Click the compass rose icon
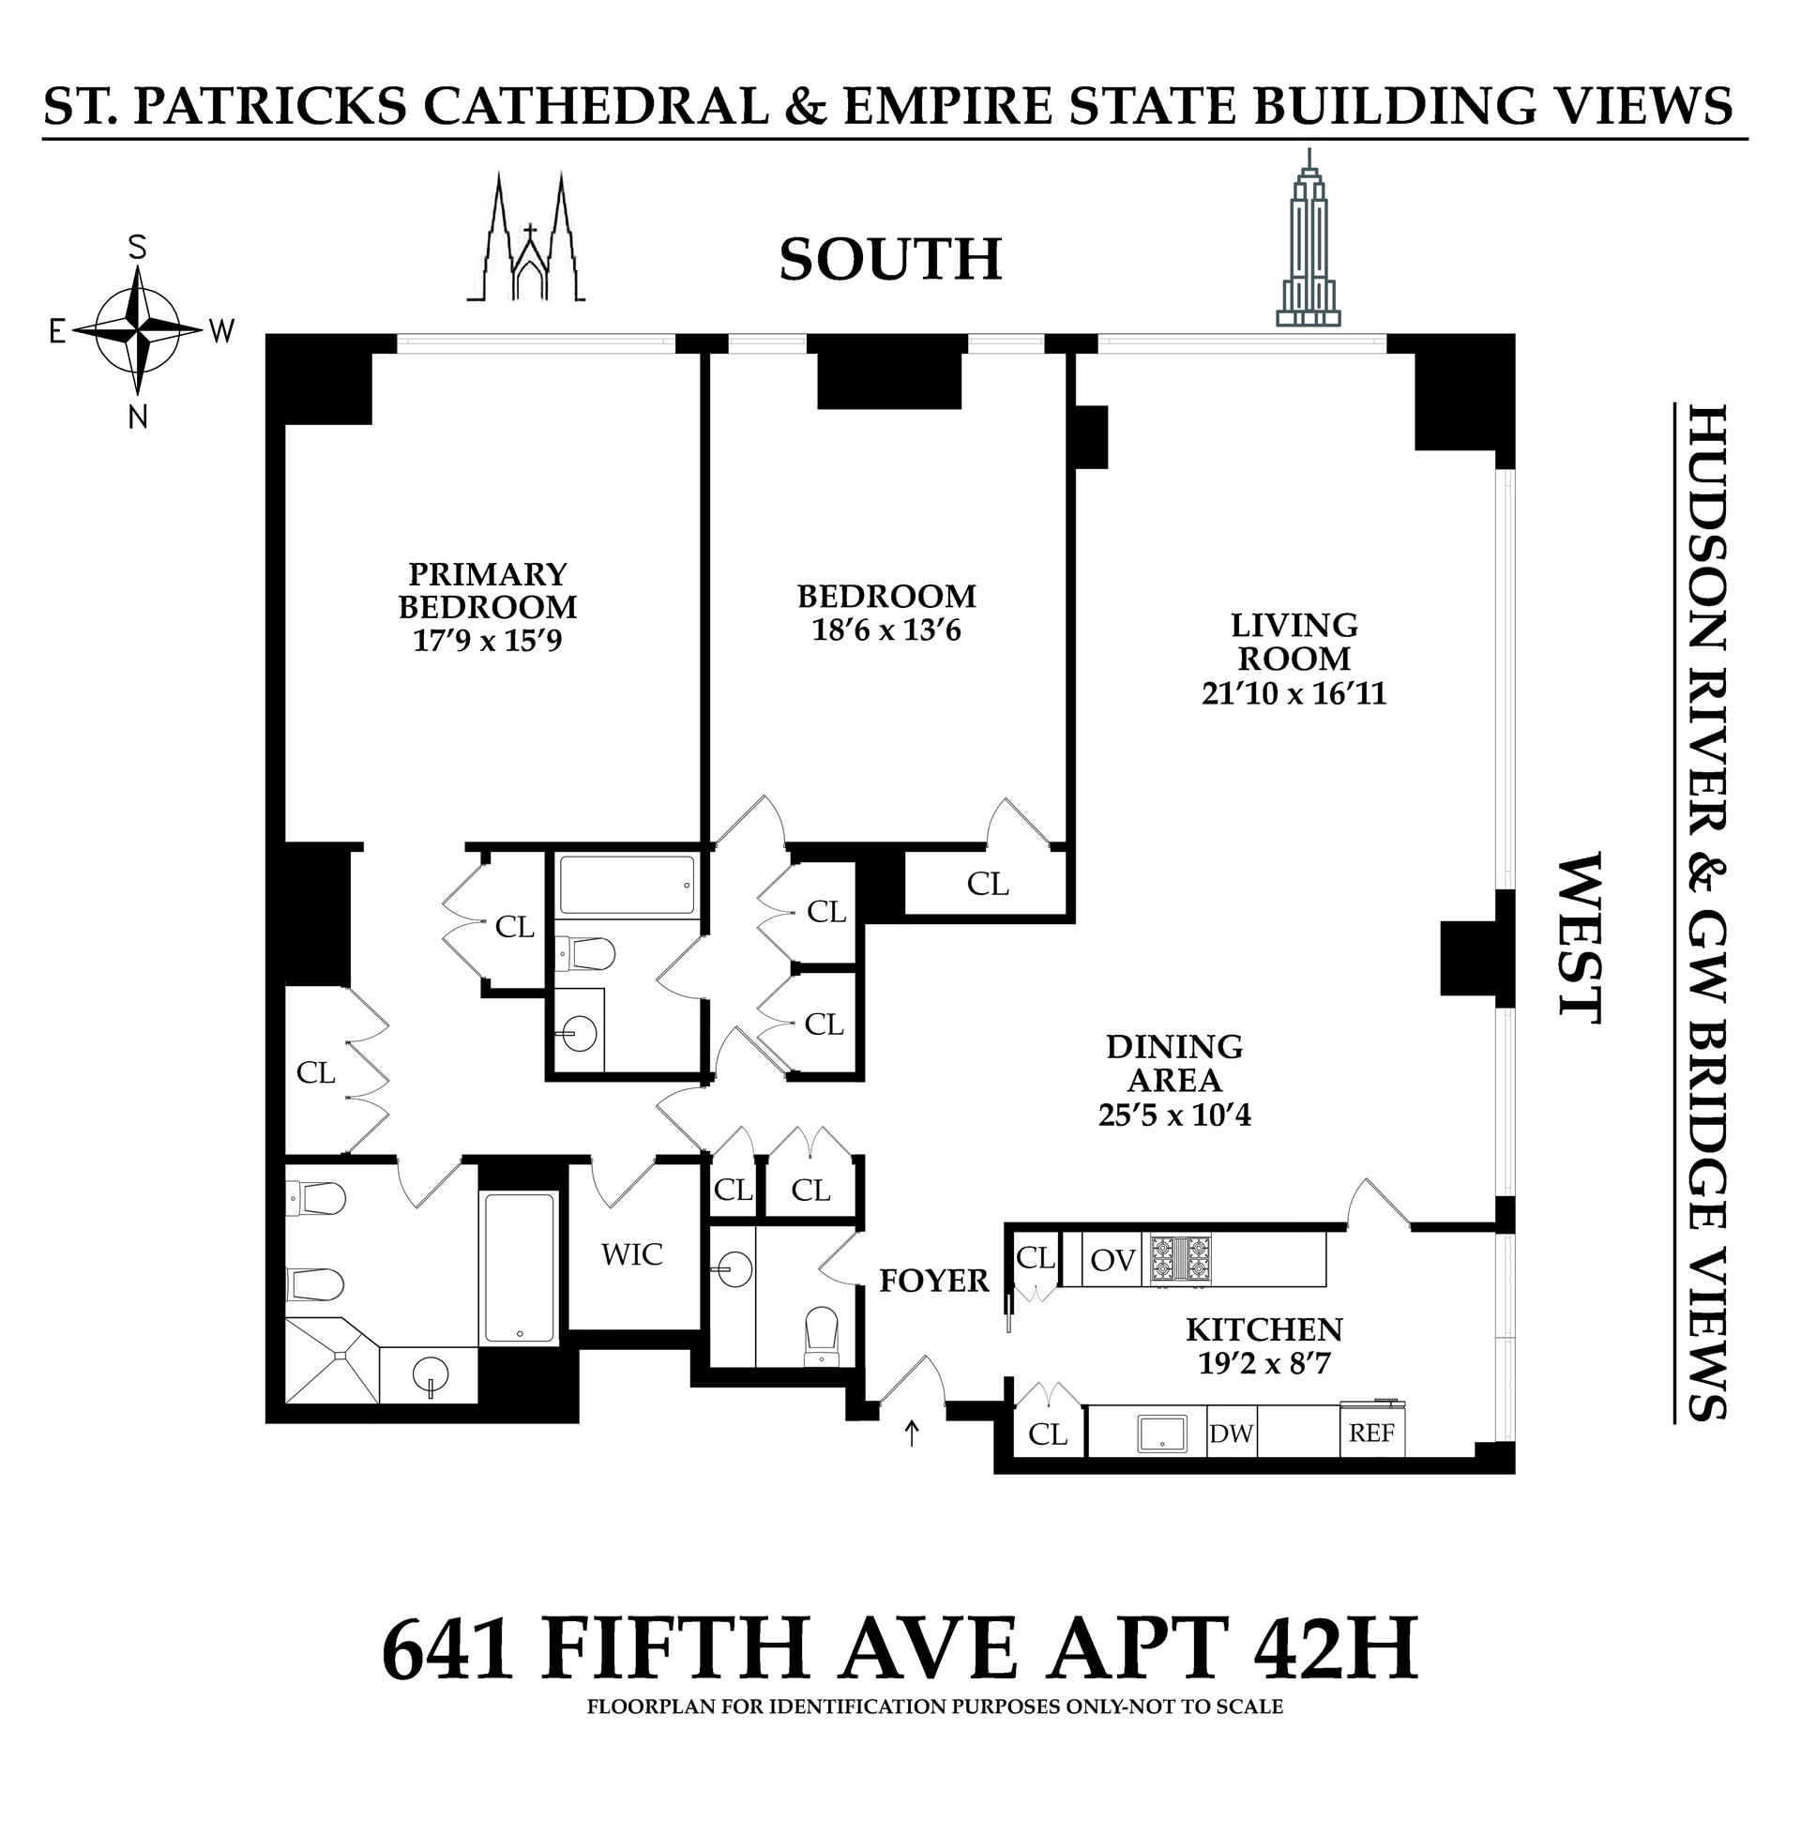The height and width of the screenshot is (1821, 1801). [139, 330]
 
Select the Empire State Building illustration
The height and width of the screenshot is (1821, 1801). [1308, 240]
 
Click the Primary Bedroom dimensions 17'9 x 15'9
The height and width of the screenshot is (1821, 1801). [487, 641]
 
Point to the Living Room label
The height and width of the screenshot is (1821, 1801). [1294, 641]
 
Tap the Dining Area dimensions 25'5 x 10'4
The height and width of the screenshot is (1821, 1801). [1174, 1115]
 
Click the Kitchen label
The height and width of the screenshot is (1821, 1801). [1264, 1329]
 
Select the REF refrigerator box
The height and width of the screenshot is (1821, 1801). [1372, 1434]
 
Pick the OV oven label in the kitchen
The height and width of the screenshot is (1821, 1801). [1113, 1260]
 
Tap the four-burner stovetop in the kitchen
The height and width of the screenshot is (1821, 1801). [1177, 1258]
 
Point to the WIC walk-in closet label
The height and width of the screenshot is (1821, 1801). [631, 1254]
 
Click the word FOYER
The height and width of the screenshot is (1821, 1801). [934, 1281]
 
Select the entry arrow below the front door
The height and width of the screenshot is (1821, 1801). [912, 1434]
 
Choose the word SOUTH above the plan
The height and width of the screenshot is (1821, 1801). [889, 259]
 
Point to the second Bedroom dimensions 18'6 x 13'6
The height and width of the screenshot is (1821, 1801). [885, 630]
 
